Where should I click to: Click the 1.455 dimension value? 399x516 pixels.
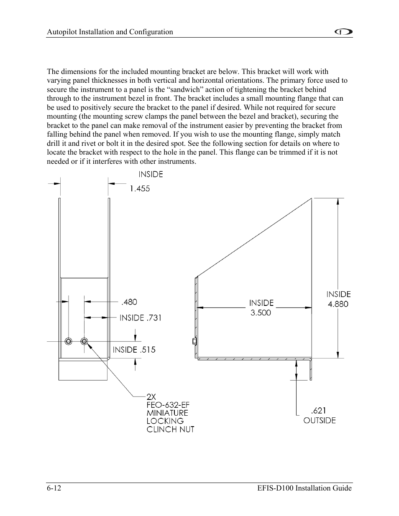click(139, 188)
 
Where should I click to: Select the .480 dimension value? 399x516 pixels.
click(129, 302)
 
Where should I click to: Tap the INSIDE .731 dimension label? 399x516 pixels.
click(141, 318)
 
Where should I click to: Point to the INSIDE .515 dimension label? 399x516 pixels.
click(134, 350)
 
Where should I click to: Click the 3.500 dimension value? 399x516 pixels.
click(261, 313)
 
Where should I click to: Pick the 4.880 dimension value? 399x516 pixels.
click(338, 304)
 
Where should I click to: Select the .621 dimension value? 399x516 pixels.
click(319, 411)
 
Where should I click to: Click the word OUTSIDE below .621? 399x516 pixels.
click(320, 421)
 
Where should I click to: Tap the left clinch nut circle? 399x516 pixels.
click(68, 341)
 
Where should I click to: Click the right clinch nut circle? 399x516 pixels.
click(84, 341)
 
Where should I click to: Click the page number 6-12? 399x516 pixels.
click(54, 488)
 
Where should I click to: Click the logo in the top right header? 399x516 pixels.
click(345, 32)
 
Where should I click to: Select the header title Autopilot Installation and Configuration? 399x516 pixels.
click(110, 32)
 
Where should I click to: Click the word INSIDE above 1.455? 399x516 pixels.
click(151, 175)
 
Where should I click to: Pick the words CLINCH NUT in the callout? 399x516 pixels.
click(171, 430)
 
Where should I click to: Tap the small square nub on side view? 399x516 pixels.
click(194, 341)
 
